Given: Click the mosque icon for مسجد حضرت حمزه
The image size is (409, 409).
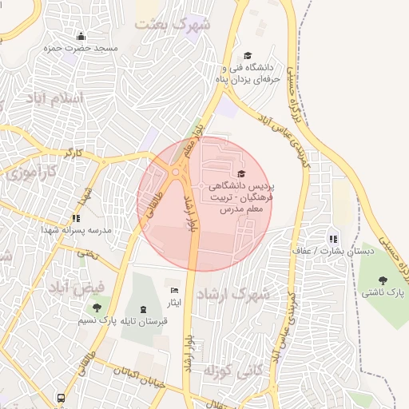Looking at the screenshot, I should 81,36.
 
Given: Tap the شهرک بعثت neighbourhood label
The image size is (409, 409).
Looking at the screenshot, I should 173,23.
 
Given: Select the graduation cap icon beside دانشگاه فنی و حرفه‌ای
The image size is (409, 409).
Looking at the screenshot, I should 248,55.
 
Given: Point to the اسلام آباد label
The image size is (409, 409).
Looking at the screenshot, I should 54,97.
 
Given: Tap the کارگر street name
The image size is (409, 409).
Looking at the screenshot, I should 73,152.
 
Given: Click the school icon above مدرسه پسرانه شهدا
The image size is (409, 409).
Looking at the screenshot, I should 76,217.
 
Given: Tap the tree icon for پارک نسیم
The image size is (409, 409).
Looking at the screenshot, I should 97,308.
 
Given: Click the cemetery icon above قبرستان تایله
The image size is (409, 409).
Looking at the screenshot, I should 143,309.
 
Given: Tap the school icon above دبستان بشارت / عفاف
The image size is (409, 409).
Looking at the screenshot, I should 333,238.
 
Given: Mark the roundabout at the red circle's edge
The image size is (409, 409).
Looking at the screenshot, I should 176,171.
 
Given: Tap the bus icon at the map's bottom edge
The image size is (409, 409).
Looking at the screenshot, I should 61,397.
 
